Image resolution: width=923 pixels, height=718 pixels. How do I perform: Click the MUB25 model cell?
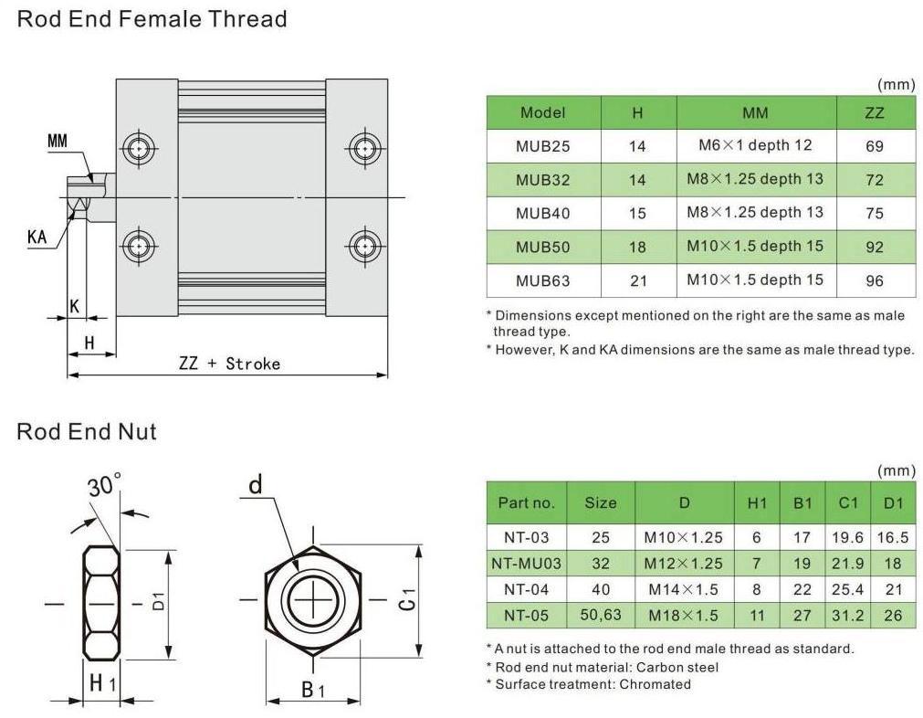click(542, 146)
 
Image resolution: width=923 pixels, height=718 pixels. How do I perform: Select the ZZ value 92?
click(875, 247)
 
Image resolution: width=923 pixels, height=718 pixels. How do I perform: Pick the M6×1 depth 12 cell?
click(755, 145)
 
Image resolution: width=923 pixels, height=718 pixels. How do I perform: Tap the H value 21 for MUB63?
click(637, 280)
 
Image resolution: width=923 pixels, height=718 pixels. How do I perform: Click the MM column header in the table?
click(755, 113)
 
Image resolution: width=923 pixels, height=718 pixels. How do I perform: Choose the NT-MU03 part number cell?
click(526, 564)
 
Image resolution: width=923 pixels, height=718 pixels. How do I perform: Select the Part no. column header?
click(526, 502)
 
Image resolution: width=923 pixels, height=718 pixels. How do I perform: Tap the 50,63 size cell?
click(600, 616)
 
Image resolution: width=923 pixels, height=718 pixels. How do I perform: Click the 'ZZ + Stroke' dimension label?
click(229, 364)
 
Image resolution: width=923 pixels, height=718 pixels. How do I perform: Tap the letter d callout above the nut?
click(256, 484)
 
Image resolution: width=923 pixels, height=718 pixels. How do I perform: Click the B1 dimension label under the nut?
click(313, 690)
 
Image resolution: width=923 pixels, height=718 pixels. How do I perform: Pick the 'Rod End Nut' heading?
click(87, 431)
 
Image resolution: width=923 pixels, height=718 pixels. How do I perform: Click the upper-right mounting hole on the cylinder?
click(364, 147)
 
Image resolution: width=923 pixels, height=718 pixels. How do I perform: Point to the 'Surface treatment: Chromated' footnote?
click(588, 684)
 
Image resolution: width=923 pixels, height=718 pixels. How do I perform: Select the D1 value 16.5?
click(892, 538)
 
